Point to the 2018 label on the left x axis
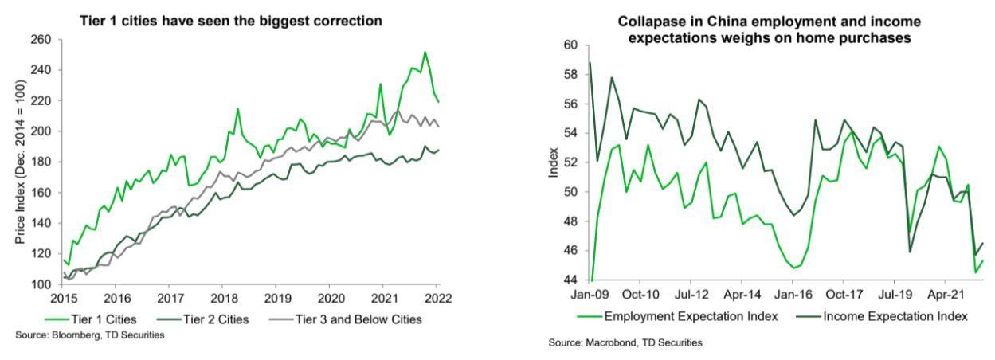point(221,299)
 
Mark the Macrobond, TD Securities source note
point(625,344)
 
